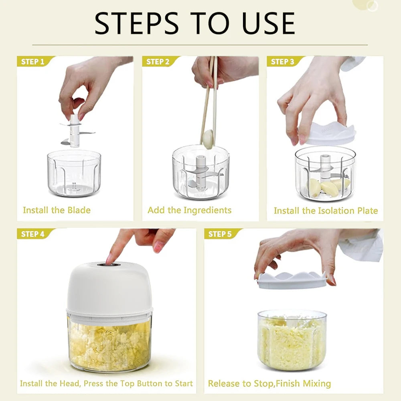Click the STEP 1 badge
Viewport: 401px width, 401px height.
[32, 61]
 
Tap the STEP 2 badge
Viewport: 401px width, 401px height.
[158, 61]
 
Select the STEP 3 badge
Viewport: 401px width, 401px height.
[283, 61]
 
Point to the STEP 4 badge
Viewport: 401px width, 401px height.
[32, 234]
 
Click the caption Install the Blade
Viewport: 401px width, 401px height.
[57, 210]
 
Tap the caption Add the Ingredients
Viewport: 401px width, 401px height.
[189, 210]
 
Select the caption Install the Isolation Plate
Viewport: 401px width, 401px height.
[326, 211]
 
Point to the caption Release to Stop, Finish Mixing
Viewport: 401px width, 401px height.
[269, 384]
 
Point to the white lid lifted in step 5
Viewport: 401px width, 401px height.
[292, 279]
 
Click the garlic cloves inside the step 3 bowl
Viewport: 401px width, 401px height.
[327, 187]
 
